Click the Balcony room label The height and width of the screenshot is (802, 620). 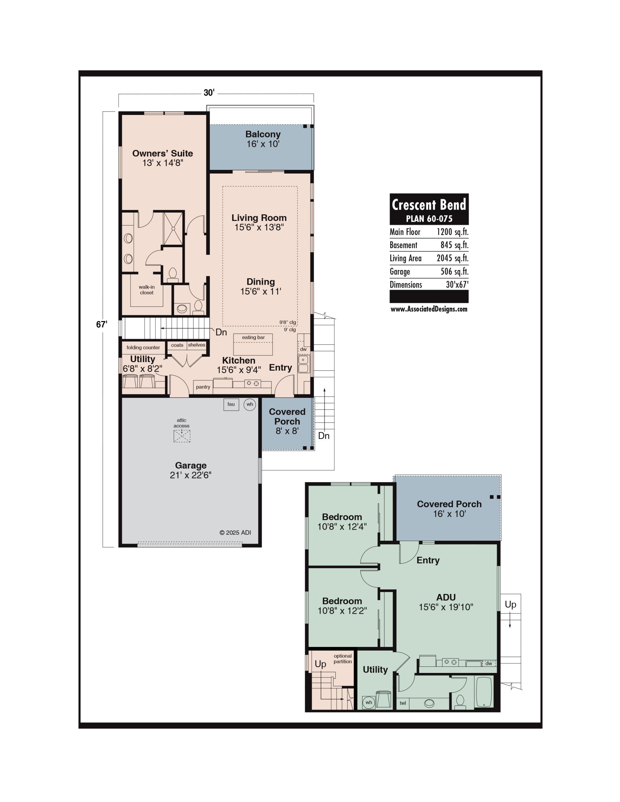pyautogui.click(x=263, y=134)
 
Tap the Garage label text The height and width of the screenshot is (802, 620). pyautogui.click(x=191, y=465)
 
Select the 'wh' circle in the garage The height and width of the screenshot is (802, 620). pyautogui.click(x=250, y=404)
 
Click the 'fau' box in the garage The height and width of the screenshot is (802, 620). pyautogui.click(x=231, y=404)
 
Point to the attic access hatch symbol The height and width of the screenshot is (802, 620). pyautogui.click(x=182, y=436)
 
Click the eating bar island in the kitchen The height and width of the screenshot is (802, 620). pyautogui.click(x=253, y=344)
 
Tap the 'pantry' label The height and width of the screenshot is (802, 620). pyautogui.click(x=203, y=387)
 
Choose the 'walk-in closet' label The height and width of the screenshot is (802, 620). pyautogui.click(x=147, y=290)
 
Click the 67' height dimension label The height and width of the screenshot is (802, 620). pyautogui.click(x=102, y=324)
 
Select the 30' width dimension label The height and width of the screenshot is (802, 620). pyautogui.click(x=209, y=92)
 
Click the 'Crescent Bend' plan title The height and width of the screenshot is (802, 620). pyautogui.click(x=429, y=204)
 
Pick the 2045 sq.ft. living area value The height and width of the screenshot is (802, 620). pyautogui.click(x=452, y=258)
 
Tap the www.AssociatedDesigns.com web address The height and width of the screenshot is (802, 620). pyautogui.click(x=429, y=309)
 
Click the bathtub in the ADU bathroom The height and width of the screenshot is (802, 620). pyautogui.click(x=484, y=692)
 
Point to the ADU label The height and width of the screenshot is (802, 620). pyautogui.click(x=446, y=597)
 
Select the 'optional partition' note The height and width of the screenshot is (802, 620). pyautogui.click(x=343, y=659)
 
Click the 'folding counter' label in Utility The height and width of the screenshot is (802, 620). pyautogui.click(x=143, y=348)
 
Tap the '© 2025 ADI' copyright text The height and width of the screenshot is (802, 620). pyautogui.click(x=235, y=533)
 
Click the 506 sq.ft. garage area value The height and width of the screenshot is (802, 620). pyautogui.click(x=454, y=271)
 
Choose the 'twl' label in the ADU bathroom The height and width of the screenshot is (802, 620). pyautogui.click(x=403, y=703)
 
